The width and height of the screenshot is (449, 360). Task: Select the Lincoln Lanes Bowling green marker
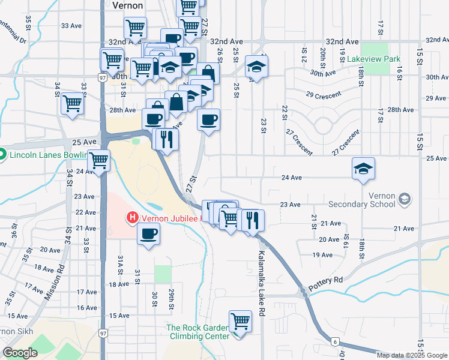point(2,154)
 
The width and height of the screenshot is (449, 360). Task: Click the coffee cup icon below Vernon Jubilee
point(149,233)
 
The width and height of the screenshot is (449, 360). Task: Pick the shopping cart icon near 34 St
point(72,103)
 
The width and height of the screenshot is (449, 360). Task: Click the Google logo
point(21,353)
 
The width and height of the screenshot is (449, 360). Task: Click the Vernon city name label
point(128,5)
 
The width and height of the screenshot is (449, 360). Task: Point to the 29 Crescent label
point(323,95)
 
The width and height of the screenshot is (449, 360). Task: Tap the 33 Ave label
point(71,26)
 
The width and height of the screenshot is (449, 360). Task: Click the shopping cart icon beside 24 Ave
point(98,160)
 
